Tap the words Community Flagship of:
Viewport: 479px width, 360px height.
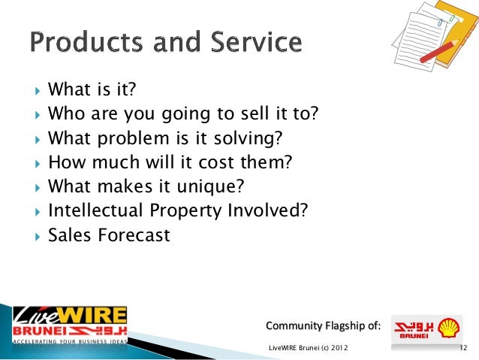pos(323,325)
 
